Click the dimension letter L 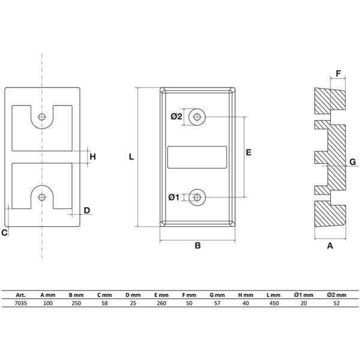pos(131,157)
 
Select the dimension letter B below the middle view pos(197,245)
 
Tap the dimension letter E pos(248,152)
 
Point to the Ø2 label pos(176,116)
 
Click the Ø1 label pos(173,197)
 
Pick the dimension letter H pos(92,157)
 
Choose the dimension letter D pos(87,211)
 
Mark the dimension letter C pos(4,233)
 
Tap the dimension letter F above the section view pos(338,74)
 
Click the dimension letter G pos(353,162)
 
